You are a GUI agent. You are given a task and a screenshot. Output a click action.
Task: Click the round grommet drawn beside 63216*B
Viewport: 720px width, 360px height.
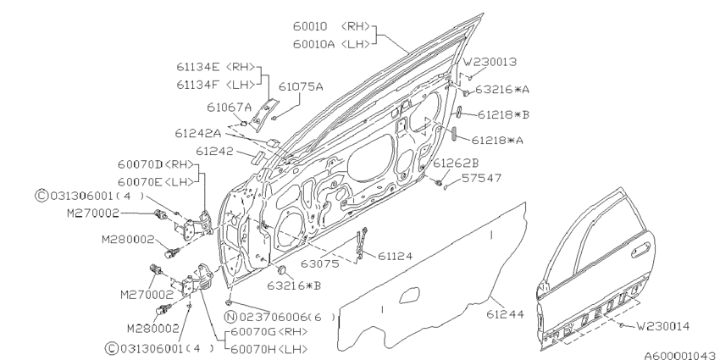tap(284, 271)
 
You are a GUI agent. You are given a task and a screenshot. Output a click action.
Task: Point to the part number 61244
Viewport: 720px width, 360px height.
tap(506, 313)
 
